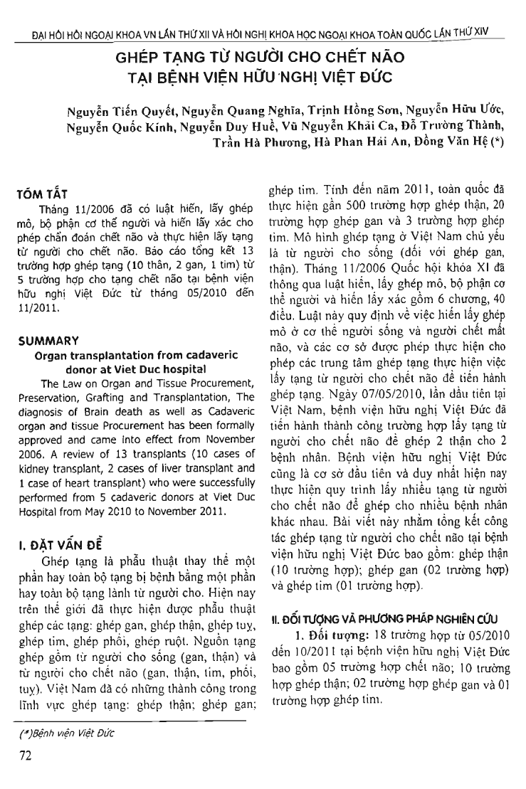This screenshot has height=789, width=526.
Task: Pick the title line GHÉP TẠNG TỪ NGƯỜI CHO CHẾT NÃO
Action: coord(263,52)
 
